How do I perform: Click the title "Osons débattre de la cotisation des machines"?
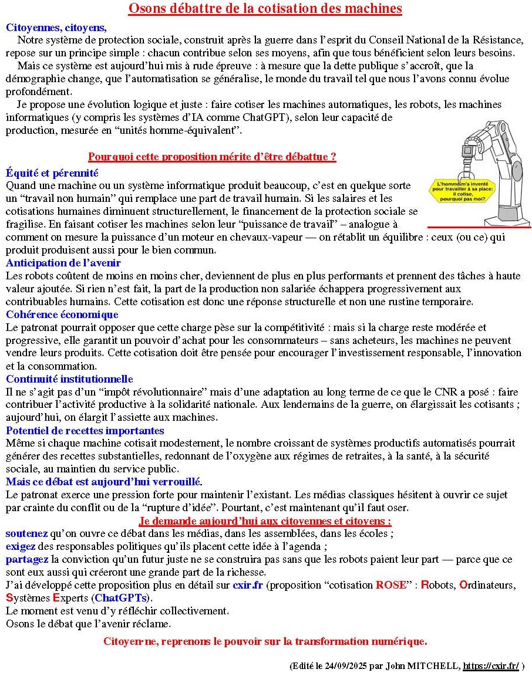click(x=265, y=9)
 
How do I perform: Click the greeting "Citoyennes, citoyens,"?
click(x=56, y=28)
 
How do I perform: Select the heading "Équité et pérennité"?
click(x=52, y=173)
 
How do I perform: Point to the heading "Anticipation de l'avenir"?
click(x=63, y=263)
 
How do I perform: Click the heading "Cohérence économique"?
click(x=62, y=315)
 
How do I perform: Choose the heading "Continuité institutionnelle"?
click(x=69, y=379)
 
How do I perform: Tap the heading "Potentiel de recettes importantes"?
click(x=85, y=431)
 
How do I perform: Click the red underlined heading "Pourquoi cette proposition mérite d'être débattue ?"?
click(x=212, y=157)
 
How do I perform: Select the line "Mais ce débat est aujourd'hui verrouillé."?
click(x=104, y=482)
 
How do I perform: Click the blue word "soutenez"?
click(x=26, y=533)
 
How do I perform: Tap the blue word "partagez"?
click(x=27, y=559)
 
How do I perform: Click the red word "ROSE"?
click(x=390, y=585)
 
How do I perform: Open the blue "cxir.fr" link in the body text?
click(x=248, y=585)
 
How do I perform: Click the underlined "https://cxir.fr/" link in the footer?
click(x=491, y=666)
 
